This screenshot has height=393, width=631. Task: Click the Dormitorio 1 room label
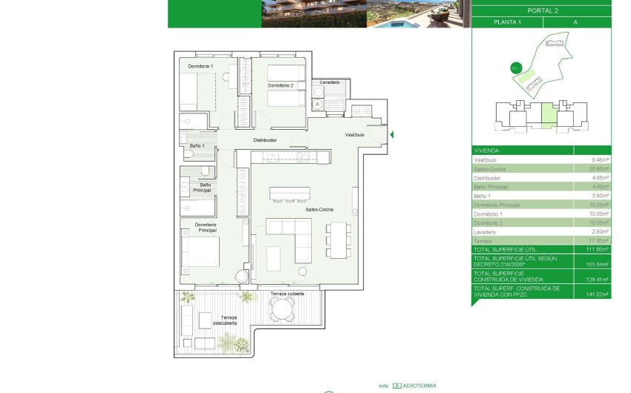tap(200, 67)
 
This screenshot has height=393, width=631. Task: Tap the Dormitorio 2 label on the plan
tap(281, 86)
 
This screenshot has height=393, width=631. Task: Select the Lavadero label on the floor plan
tap(330, 82)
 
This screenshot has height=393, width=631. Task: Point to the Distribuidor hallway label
tap(265, 139)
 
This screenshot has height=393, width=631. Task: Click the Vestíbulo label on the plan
tap(355, 135)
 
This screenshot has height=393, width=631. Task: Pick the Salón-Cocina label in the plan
tap(318, 210)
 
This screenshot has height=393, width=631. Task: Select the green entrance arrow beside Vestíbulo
tap(391, 134)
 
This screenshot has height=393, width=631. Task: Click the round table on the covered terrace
tap(282, 312)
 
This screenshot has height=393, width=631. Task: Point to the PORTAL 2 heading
tap(541, 10)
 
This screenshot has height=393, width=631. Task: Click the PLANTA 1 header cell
tap(507, 22)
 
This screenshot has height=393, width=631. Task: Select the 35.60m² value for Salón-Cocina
tap(599, 169)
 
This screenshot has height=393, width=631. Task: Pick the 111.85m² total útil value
tap(598, 250)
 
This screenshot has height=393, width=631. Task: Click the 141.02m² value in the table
tap(598, 294)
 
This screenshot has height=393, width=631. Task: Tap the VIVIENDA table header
tap(487, 150)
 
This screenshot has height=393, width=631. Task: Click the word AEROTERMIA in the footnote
tap(420, 386)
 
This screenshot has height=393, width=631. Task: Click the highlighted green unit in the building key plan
tap(548, 116)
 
